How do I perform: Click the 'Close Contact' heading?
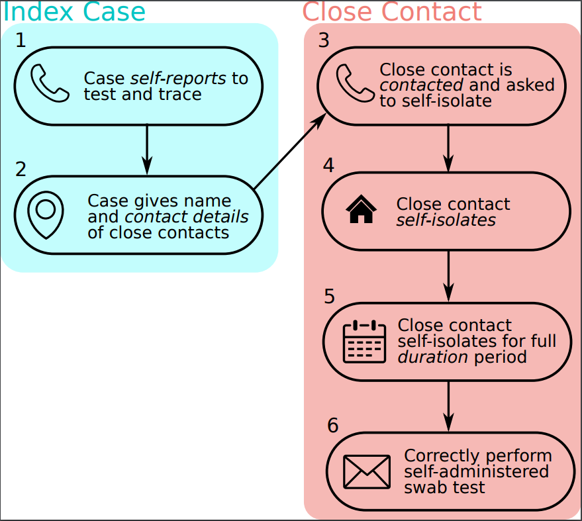392,12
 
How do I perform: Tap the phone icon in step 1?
50,84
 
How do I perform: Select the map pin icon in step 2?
46,214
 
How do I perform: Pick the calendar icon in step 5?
364,341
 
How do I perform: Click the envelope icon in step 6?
367,471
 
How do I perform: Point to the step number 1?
21,40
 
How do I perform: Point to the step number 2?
21,169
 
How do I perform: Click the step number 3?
324,40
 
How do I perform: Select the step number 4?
328,166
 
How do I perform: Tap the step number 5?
330,296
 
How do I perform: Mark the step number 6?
333,426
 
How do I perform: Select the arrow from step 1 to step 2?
146,150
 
